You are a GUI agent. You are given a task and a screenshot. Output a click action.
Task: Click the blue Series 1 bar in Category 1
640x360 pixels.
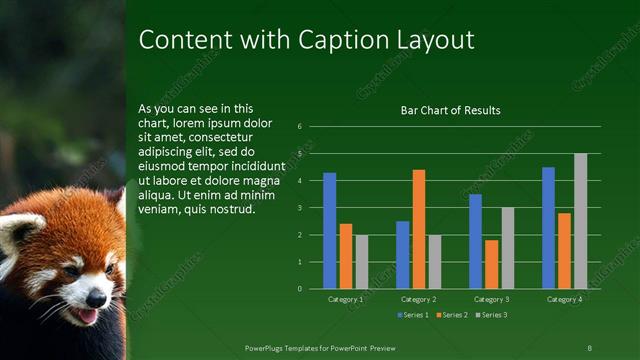click(330, 231)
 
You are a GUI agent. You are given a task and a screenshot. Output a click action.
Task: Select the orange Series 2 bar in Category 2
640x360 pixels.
click(418, 229)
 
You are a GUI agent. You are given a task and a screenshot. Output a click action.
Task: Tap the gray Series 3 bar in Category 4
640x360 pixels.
click(580, 221)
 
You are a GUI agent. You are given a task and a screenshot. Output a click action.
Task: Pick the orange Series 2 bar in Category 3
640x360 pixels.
click(491, 264)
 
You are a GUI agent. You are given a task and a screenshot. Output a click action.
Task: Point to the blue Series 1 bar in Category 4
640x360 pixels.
click(548, 228)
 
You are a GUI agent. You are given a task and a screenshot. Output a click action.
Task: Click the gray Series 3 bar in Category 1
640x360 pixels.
click(361, 262)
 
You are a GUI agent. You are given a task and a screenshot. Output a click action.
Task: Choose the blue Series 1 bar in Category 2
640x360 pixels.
click(402, 255)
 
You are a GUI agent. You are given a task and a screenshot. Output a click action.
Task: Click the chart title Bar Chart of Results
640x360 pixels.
click(450, 110)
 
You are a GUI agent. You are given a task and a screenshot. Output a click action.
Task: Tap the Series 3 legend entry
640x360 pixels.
click(491, 316)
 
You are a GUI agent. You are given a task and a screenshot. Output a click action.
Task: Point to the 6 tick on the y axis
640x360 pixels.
click(299, 127)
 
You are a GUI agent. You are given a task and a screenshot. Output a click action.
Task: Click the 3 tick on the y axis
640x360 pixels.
click(299, 208)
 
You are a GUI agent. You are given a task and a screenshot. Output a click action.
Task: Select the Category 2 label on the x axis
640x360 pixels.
click(418, 299)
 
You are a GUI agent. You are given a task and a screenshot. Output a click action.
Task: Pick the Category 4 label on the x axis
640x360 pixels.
click(564, 299)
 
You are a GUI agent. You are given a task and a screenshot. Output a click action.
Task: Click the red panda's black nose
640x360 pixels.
click(94, 297)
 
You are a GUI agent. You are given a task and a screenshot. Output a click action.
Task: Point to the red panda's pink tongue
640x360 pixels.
click(87, 316)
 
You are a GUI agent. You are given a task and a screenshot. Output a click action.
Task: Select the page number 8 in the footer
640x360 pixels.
click(588, 347)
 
